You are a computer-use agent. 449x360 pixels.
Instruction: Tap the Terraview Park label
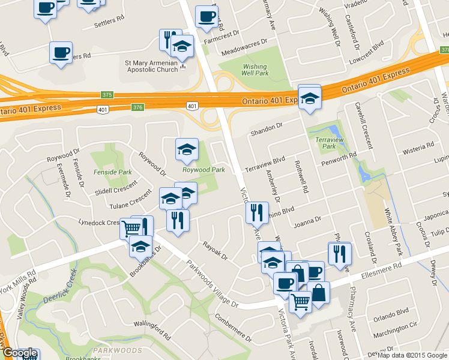pyautogui.click(x=325, y=142)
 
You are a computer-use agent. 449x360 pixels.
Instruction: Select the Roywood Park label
pyautogui.click(x=203, y=170)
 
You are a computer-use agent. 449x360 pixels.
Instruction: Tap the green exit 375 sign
pyautogui.click(x=107, y=95)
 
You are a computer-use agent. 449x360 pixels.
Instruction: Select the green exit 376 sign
pyautogui.click(x=138, y=107)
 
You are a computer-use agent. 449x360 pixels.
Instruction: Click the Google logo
pyautogui.click(x=20, y=353)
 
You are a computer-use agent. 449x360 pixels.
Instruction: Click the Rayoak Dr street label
pyautogui.click(x=215, y=251)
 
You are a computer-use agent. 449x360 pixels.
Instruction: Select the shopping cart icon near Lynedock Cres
pyautogui.click(x=131, y=228)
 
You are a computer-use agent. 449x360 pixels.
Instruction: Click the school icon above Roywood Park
pyautogui.click(x=187, y=149)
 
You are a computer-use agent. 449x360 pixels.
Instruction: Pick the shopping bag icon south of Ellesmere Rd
pyautogui.click(x=319, y=293)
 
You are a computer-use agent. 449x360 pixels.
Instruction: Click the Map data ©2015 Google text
pyautogui.click(x=412, y=355)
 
